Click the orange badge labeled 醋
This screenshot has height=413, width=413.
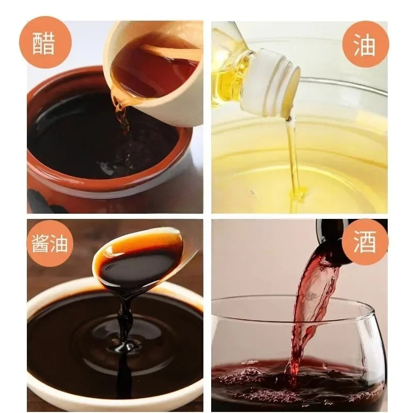[x=45, y=42]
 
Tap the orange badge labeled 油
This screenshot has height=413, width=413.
[x=366, y=45]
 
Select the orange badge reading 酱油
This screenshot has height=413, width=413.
[x=50, y=243]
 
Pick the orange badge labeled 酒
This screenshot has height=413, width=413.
[x=365, y=242]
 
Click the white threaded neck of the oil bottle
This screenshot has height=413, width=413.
[x=272, y=82]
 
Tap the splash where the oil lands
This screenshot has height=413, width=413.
[x=298, y=194]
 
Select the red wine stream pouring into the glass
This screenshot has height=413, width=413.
[x=311, y=311]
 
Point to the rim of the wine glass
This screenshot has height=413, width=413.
[x=290, y=298]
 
